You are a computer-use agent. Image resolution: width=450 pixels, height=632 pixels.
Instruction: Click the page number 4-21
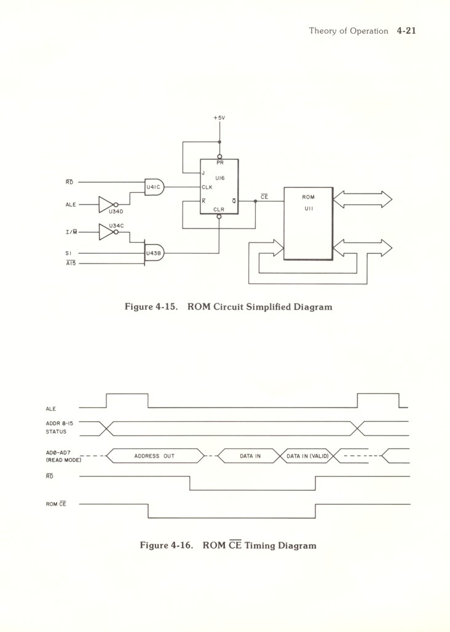406,31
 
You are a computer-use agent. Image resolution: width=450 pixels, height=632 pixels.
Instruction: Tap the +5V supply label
219,117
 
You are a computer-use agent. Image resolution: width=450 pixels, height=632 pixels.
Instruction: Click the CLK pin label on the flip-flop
208,187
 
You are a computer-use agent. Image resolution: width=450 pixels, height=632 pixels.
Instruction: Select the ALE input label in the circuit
71,205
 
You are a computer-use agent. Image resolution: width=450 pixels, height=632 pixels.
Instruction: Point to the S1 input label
69,252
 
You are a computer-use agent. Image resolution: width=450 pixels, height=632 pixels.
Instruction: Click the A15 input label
70,263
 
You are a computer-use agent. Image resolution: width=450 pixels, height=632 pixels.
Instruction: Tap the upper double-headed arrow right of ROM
362,200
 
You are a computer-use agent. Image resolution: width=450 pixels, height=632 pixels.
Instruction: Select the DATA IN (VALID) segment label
308,456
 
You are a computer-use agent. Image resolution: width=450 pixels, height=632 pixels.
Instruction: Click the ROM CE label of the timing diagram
56,504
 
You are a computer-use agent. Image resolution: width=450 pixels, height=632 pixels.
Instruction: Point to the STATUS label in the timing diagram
56,431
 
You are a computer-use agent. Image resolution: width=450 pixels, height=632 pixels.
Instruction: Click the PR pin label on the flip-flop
219,164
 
